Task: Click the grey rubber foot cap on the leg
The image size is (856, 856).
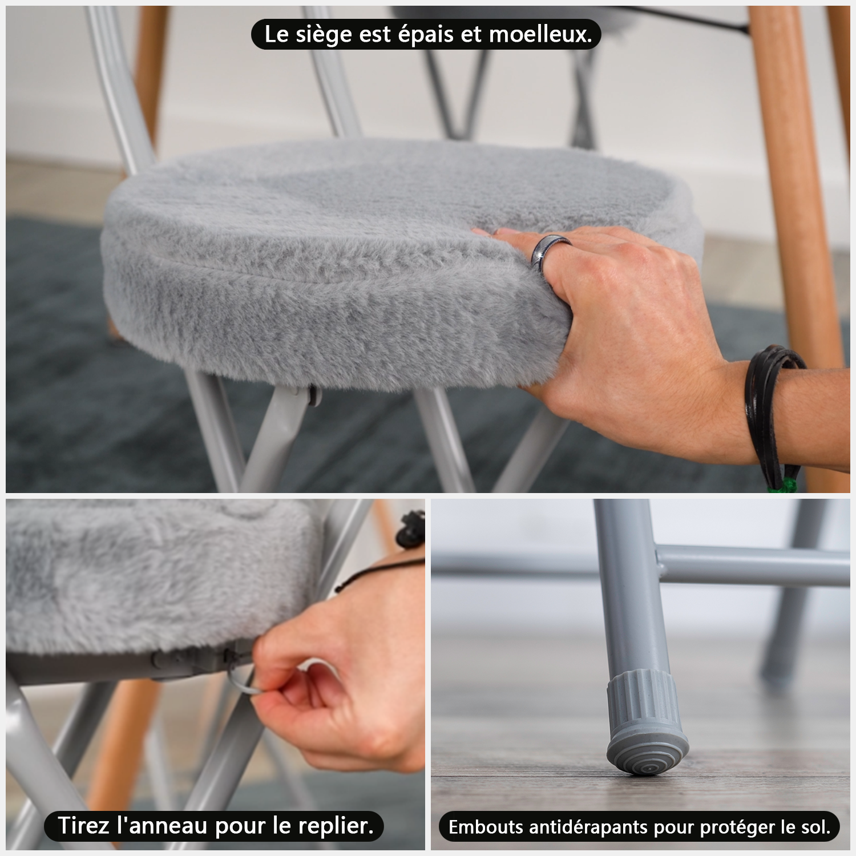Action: [x=647, y=722]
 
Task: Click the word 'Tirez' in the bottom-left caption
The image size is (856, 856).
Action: [x=83, y=826]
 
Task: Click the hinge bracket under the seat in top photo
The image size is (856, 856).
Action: [x=312, y=394]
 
